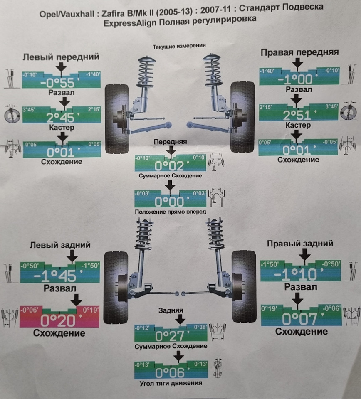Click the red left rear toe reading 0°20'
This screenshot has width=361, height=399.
pos(59,320)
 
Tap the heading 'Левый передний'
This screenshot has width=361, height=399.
pos(61,57)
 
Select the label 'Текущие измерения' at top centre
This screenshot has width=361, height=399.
pos(180,46)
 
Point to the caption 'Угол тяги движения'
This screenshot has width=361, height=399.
pos(171,383)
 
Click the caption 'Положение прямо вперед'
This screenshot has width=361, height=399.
pos(171,212)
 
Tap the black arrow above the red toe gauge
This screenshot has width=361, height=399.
pos(76,299)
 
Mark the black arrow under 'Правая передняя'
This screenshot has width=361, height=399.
pos(297,63)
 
